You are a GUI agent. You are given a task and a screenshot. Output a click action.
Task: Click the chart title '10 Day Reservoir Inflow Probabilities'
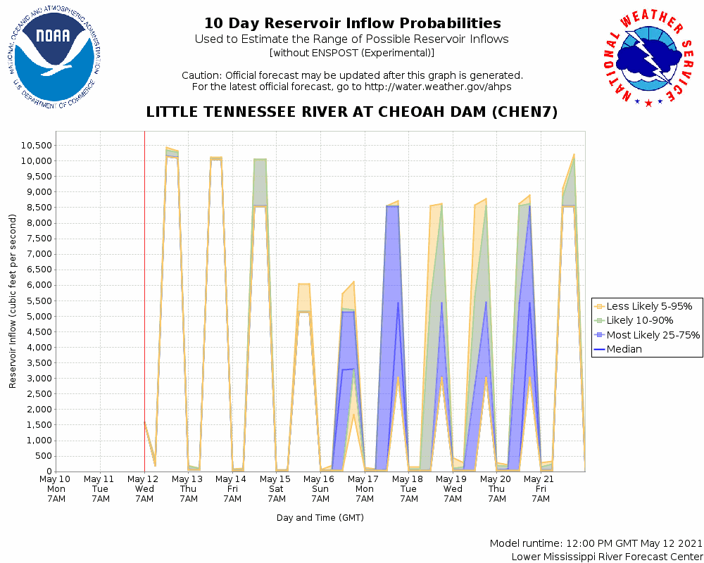(352, 24)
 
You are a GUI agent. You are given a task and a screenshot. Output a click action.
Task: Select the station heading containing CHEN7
(352, 113)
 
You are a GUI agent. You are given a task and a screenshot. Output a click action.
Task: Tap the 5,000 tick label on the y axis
(37, 317)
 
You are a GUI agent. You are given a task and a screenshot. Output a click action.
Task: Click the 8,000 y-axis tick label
(37, 223)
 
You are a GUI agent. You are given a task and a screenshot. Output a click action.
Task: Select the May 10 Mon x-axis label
(56, 488)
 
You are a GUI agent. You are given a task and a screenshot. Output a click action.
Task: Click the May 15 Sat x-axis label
(276, 488)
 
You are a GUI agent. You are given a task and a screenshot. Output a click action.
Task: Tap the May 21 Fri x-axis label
(540, 488)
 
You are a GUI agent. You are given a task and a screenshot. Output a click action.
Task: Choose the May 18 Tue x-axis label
(408, 488)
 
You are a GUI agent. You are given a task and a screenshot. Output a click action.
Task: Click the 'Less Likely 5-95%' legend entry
(648, 306)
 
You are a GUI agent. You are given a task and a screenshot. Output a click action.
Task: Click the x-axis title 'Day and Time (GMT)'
(320, 518)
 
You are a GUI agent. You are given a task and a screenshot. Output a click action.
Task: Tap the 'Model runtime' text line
(596, 544)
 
